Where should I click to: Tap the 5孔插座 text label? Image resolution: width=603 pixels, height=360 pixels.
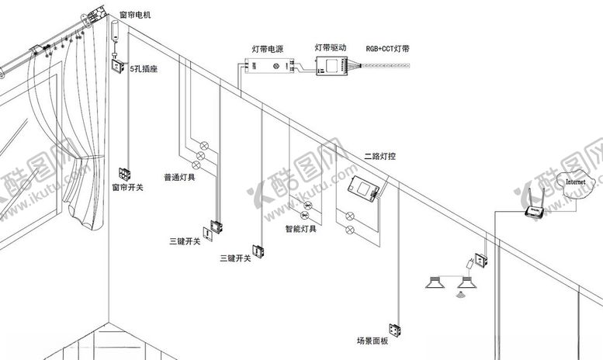[144, 70]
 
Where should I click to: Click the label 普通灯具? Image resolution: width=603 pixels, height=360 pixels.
[179, 177]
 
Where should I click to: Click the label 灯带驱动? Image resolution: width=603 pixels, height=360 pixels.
[330, 47]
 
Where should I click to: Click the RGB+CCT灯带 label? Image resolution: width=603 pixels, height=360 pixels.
[388, 48]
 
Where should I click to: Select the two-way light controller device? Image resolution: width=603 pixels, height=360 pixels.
[362, 188]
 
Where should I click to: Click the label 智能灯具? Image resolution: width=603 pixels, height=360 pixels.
[300, 228]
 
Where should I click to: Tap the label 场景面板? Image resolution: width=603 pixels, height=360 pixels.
[372, 340]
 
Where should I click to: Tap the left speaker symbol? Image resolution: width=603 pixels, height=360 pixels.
[438, 281]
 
